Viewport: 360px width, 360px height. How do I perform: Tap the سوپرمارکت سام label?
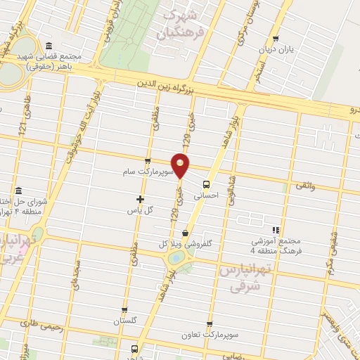(x=141, y=172)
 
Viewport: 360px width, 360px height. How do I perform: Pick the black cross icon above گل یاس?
(x=140, y=199)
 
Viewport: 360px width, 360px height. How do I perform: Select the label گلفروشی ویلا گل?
(x=185, y=245)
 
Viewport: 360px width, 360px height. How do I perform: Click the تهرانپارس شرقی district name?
(x=243, y=276)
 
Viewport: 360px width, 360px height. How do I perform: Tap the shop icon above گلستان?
(x=124, y=310)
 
